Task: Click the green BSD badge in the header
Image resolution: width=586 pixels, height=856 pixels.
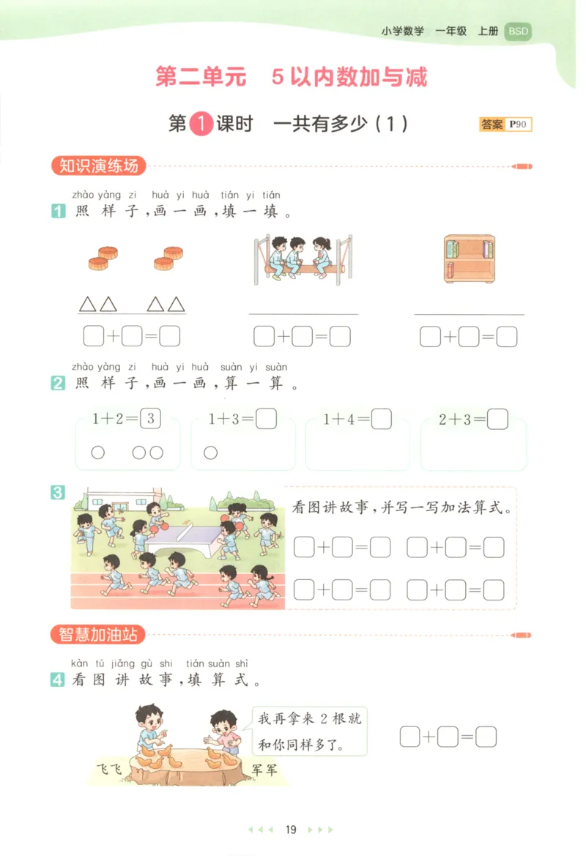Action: point(519,31)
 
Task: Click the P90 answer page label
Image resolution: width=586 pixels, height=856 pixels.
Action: point(519,124)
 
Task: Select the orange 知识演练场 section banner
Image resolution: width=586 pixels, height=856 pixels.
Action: point(99,166)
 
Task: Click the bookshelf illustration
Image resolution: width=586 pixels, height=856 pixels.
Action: point(469,258)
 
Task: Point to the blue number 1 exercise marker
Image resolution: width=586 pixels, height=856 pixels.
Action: point(58,213)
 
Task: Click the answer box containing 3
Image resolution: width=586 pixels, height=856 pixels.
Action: point(149,420)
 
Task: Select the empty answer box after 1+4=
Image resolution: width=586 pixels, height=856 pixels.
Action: point(382,420)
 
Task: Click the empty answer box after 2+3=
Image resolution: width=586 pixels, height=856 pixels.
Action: point(498,420)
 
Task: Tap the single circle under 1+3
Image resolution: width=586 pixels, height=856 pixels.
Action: point(211,453)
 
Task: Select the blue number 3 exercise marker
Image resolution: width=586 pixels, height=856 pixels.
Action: point(58,493)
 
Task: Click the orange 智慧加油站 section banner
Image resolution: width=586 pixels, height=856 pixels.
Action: point(98,634)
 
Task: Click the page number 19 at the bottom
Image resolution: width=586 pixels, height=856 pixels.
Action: point(291,830)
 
